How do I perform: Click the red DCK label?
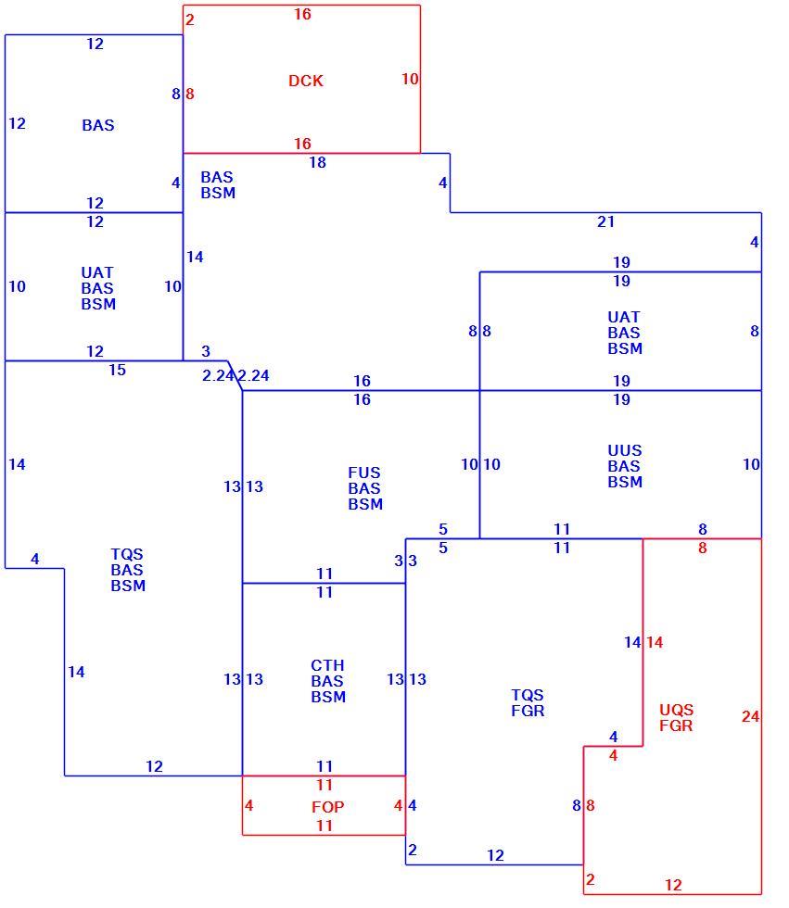(x=305, y=81)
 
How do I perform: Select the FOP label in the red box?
(x=328, y=807)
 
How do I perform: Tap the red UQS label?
(x=676, y=710)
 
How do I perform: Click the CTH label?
(x=327, y=665)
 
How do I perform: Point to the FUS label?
(x=363, y=473)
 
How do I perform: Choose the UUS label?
(x=625, y=450)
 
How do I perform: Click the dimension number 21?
(x=605, y=221)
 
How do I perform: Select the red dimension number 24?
(x=750, y=716)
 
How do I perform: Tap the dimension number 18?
(x=317, y=162)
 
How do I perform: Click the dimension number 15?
(x=117, y=370)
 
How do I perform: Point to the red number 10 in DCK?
(x=410, y=79)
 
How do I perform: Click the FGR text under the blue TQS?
(x=528, y=711)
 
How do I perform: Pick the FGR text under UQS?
(x=676, y=725)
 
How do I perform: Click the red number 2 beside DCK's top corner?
(x=189, y=19)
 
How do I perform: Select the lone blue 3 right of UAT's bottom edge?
(x=206, y=351)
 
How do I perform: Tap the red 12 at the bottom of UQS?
(x=673, y=885)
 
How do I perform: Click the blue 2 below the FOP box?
(x=412, y=850)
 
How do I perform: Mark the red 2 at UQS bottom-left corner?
(x=590, y=879)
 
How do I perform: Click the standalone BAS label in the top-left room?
(x=98, y=124)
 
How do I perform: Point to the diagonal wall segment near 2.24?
(x=235, y=375)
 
